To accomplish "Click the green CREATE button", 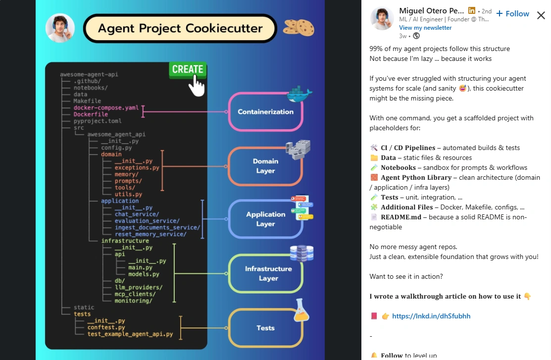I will click(x=187, y=69).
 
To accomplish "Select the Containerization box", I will click(x=265, y=112).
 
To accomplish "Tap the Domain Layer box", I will click(x=265, y=166).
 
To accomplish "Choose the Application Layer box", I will click(x=265, y=219).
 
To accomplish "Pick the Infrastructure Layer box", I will click(x=265, y=273).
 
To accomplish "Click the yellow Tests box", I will click(x=265, y=328).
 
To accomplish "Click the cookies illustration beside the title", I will click(x=299, y=27).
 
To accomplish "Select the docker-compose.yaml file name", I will click(x=106, y=107).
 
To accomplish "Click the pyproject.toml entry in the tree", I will click(x=98, y=121).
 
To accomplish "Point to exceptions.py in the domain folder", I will click(x=137, y=168).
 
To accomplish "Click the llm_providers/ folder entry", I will click(x=139, y=287).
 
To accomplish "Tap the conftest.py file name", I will click(x=106, y=327).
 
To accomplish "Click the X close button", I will click(x=541, y=15).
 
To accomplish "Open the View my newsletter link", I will click(x=425, y=28).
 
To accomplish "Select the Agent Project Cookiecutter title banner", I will click(x=180, y=28).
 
